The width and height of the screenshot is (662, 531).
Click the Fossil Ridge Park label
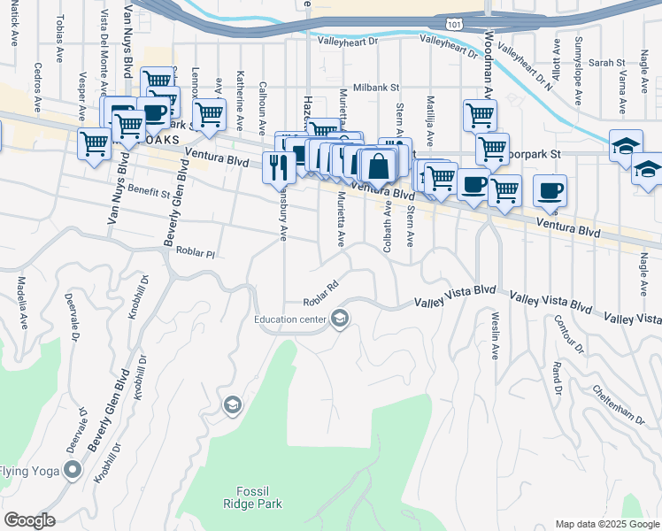tap(259, 497)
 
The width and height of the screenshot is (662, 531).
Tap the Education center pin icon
tap(340, 319)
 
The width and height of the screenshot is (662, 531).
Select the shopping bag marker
tap(378, 165)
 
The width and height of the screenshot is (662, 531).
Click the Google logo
tap(29, 520)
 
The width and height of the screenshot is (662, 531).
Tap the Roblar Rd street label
tap(321, 291)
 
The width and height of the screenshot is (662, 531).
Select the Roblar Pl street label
tap(196, 252)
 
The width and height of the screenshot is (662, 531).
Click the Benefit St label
tap(148, 191)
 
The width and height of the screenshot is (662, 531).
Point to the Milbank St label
tap(377, 88)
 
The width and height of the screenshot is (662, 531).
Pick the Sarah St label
tap(607, 63)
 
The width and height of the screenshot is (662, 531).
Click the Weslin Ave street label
tap(494, 335)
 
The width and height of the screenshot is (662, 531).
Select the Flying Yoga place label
tap(29, 470)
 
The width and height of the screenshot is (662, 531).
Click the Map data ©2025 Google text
tap(607, 524)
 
